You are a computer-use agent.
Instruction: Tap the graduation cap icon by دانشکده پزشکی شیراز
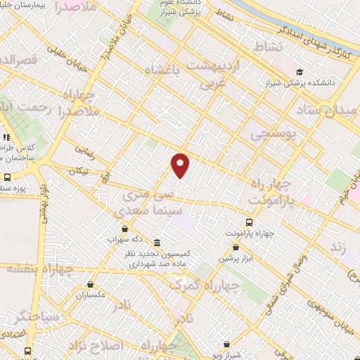[x=300, y=72]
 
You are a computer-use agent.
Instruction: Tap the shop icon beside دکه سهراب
[x=125, y=229]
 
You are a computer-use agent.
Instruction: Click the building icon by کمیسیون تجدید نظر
[x=156, y=240]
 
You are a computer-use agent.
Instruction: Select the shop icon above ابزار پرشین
[x=236, y=247]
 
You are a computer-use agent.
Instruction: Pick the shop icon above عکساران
[x=90, y=284]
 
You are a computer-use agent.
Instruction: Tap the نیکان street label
[x=79, y=171]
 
